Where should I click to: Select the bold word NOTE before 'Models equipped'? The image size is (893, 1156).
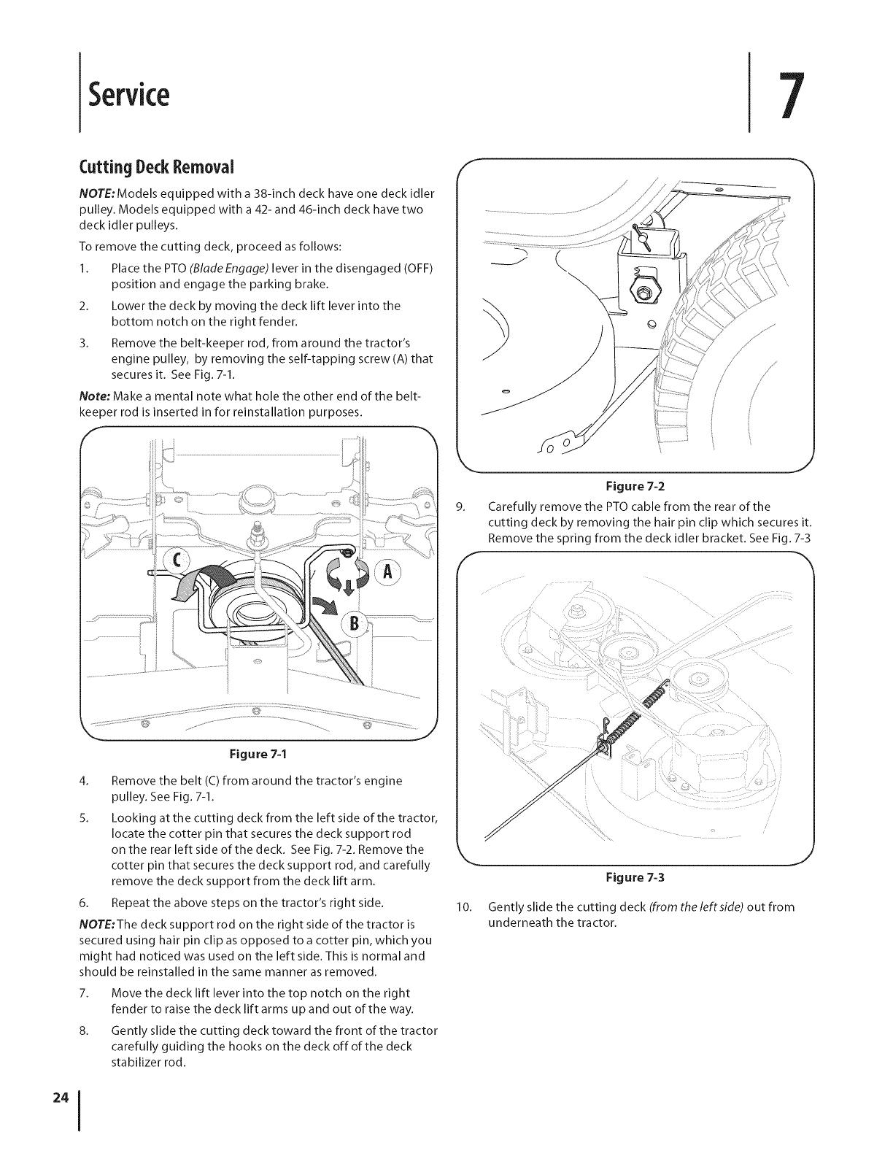[x=97, y=193]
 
